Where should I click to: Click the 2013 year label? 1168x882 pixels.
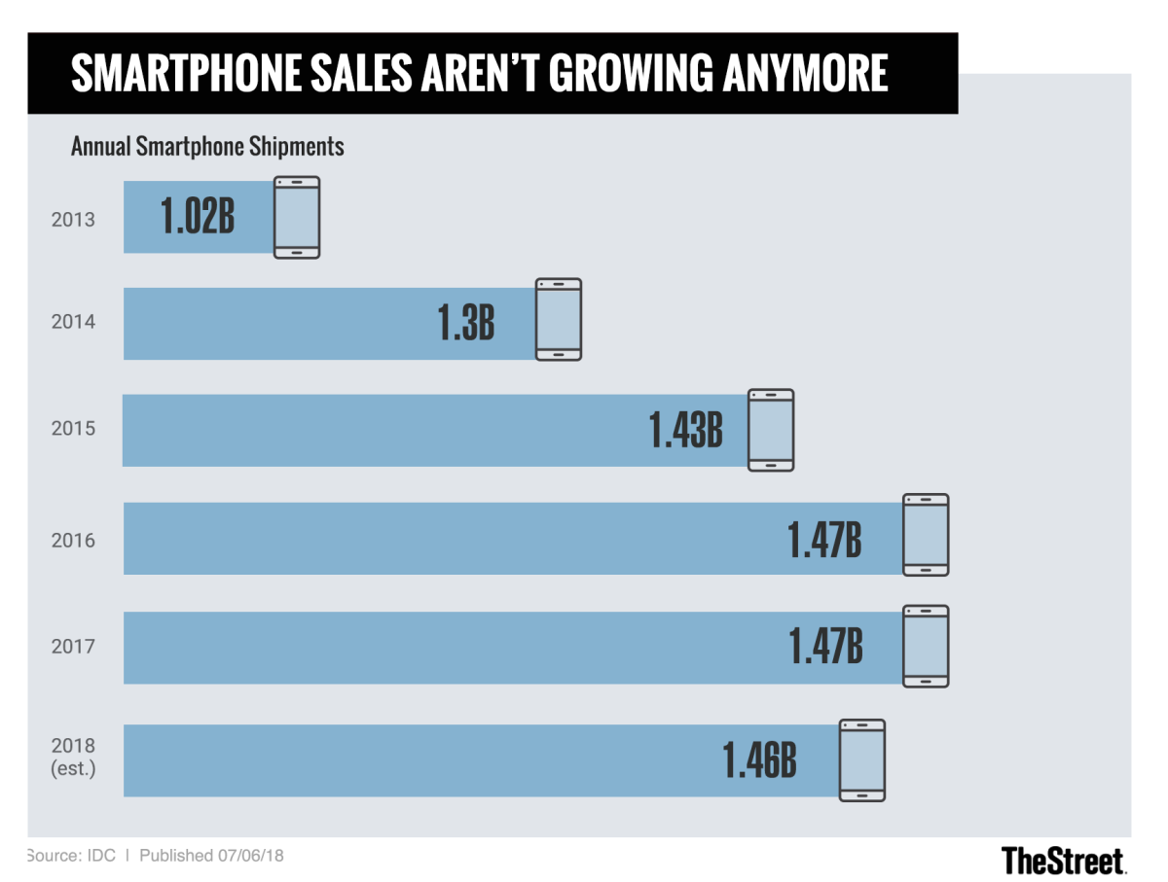click(73, 219)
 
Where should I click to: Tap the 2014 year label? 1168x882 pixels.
click(73, 322)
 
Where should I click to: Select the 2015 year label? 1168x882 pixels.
click(73, 428)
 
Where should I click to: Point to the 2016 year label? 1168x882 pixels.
click(73, 540)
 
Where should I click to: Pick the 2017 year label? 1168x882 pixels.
click(73, 646)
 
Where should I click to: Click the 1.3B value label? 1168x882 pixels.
click(466, 324)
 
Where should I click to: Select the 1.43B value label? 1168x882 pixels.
click(686, 431)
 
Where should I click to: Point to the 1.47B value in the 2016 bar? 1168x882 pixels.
click(825, 540)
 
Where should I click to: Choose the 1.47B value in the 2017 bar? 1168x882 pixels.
click(825, 648)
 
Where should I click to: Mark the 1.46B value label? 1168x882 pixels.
click(759, 761)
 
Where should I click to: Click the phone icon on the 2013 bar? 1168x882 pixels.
click(296, 217)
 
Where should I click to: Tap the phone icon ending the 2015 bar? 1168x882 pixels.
click(771, 430)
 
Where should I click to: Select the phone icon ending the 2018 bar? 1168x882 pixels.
click(862, 760)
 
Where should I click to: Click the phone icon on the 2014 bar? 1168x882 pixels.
click(559, 320)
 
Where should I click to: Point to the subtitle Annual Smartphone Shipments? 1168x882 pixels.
click(207, 147)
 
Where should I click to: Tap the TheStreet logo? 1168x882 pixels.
click(1063, 860)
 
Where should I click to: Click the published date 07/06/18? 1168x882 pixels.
click(251, 856)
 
